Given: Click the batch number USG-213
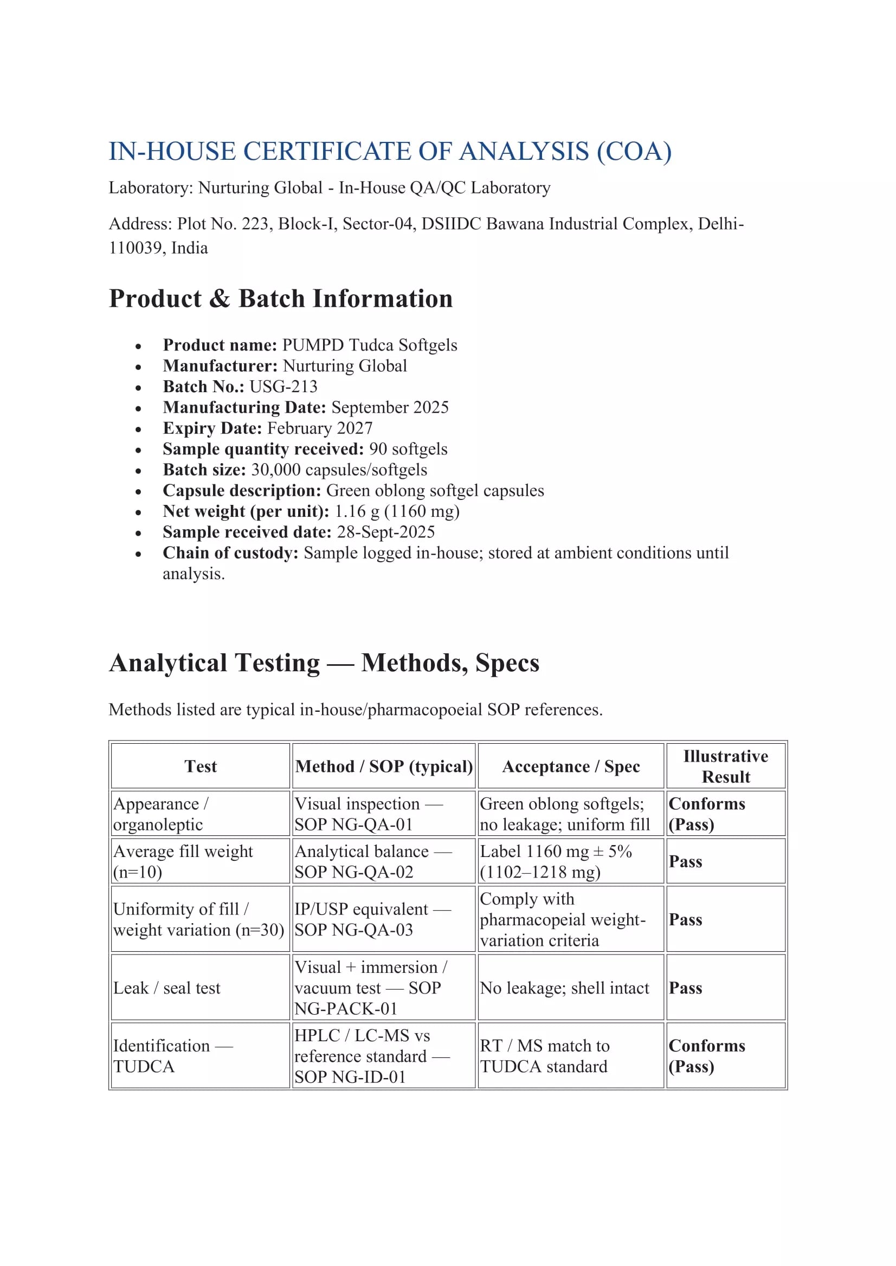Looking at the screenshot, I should point(283,387).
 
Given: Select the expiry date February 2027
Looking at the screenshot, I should point(319,428).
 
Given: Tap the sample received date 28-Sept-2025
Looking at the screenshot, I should point(385,531).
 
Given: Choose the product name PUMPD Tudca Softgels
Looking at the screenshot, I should point(370,345).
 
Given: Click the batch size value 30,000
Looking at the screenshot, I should point(276,470).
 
